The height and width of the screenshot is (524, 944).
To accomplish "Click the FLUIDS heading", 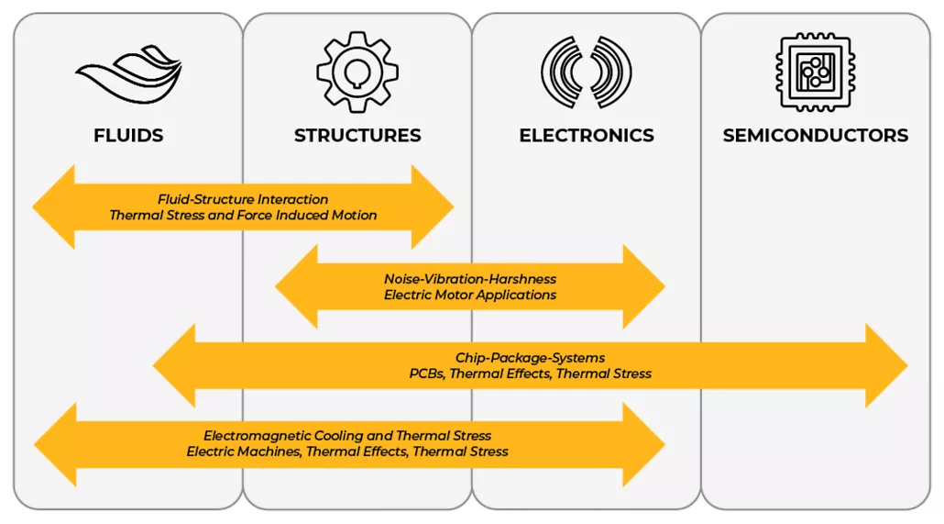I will [128, 136].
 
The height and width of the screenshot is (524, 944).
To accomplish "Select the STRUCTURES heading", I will [357, 136].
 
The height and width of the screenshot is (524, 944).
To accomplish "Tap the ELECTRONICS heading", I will [587, 136].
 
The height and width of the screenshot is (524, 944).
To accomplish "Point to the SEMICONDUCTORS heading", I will [816, 136].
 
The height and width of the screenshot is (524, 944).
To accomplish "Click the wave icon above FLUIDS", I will [128, 73].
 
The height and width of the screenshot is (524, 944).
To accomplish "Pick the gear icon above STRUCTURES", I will [357, 72].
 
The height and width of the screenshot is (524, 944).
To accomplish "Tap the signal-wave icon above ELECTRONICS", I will [587, 72].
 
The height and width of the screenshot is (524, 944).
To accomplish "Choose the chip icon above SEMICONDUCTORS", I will [815, 72].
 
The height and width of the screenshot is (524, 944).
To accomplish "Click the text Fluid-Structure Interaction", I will [243, 199].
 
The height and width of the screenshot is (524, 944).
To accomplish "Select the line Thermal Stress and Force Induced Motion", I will [243, 216].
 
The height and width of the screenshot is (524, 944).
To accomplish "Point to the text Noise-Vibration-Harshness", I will [470, 279].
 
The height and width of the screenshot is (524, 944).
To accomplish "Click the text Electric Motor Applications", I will [470, 295].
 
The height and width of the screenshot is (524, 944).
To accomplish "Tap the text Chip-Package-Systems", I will [530, 358].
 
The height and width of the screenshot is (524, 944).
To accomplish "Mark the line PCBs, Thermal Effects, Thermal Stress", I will [530, 374].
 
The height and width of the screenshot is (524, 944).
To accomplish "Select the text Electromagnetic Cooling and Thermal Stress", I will [347, 436].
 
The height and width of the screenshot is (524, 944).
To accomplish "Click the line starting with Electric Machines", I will [347, 452].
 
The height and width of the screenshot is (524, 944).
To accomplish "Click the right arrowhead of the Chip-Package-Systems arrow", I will [885, 366].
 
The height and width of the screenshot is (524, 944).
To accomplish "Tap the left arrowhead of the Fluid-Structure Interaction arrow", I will [54, 207].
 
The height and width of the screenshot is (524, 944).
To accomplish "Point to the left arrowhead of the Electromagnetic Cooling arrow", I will [56, 444].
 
